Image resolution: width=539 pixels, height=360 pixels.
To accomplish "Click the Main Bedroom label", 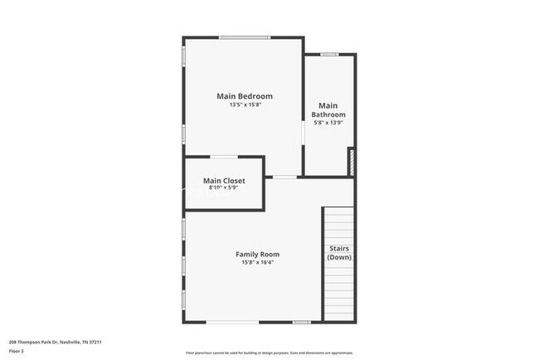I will (244, 96).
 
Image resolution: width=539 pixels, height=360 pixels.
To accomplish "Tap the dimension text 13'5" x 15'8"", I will (244, 105).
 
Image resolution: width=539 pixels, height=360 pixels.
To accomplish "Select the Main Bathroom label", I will (328, 109).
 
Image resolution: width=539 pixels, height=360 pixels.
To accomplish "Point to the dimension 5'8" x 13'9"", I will (328, 123).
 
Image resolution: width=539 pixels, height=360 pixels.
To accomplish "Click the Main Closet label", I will (224, 180).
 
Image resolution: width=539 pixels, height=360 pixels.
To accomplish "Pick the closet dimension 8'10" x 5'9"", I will (224, 188).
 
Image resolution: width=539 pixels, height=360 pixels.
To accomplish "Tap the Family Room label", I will (257, 254).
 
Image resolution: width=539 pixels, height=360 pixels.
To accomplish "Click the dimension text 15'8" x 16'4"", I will (257, 263).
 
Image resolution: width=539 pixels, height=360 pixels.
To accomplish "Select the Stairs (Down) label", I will (338, 252).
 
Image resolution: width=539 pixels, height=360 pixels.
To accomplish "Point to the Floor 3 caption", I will (17, 352).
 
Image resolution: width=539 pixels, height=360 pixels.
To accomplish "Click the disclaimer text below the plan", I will (269, 352).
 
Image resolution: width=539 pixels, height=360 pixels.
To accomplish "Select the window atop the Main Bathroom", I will (329, 55).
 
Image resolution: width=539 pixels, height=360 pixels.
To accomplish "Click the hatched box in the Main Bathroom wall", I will (352, 161).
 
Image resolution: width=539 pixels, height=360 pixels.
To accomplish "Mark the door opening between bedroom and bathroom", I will (303, 133).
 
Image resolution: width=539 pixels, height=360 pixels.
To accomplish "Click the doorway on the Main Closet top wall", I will (223, 156).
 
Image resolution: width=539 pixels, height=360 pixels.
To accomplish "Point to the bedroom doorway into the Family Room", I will (284, 177).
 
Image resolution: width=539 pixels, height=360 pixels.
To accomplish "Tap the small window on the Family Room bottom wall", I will (301, 322).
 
